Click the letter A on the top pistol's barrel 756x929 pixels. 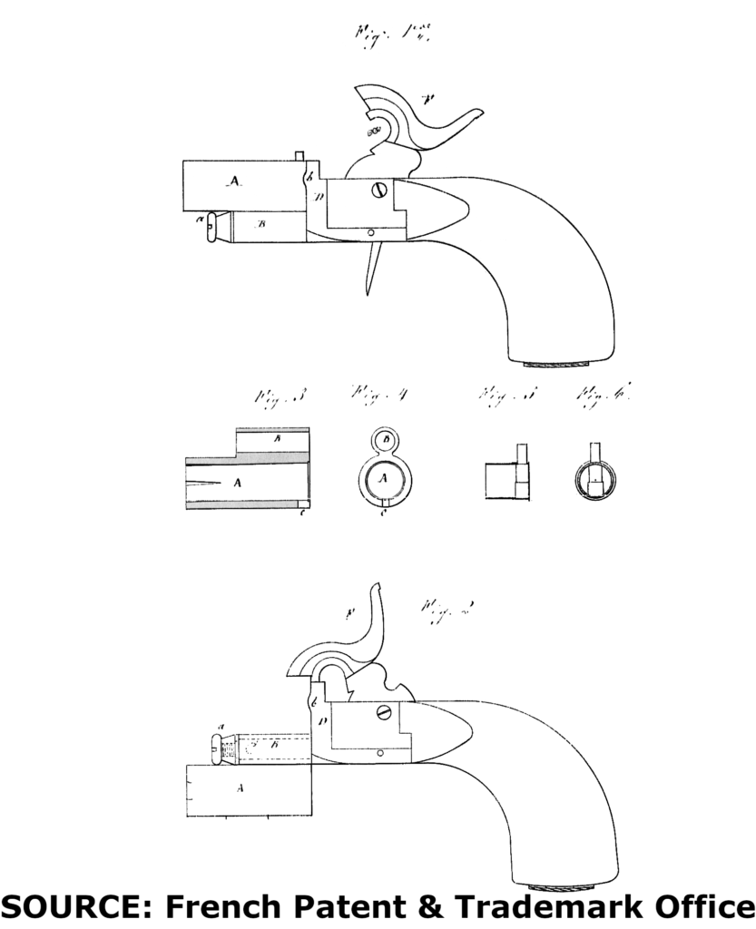pos(234,182)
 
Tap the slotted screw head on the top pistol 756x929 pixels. pos(380,191)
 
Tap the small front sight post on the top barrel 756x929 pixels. pos(299,155)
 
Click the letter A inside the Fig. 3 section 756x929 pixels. pos(238,484)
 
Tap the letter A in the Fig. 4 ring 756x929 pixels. pos(382,477)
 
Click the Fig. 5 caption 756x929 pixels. pos(496,396)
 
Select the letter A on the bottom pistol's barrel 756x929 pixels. pos(241,788)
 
